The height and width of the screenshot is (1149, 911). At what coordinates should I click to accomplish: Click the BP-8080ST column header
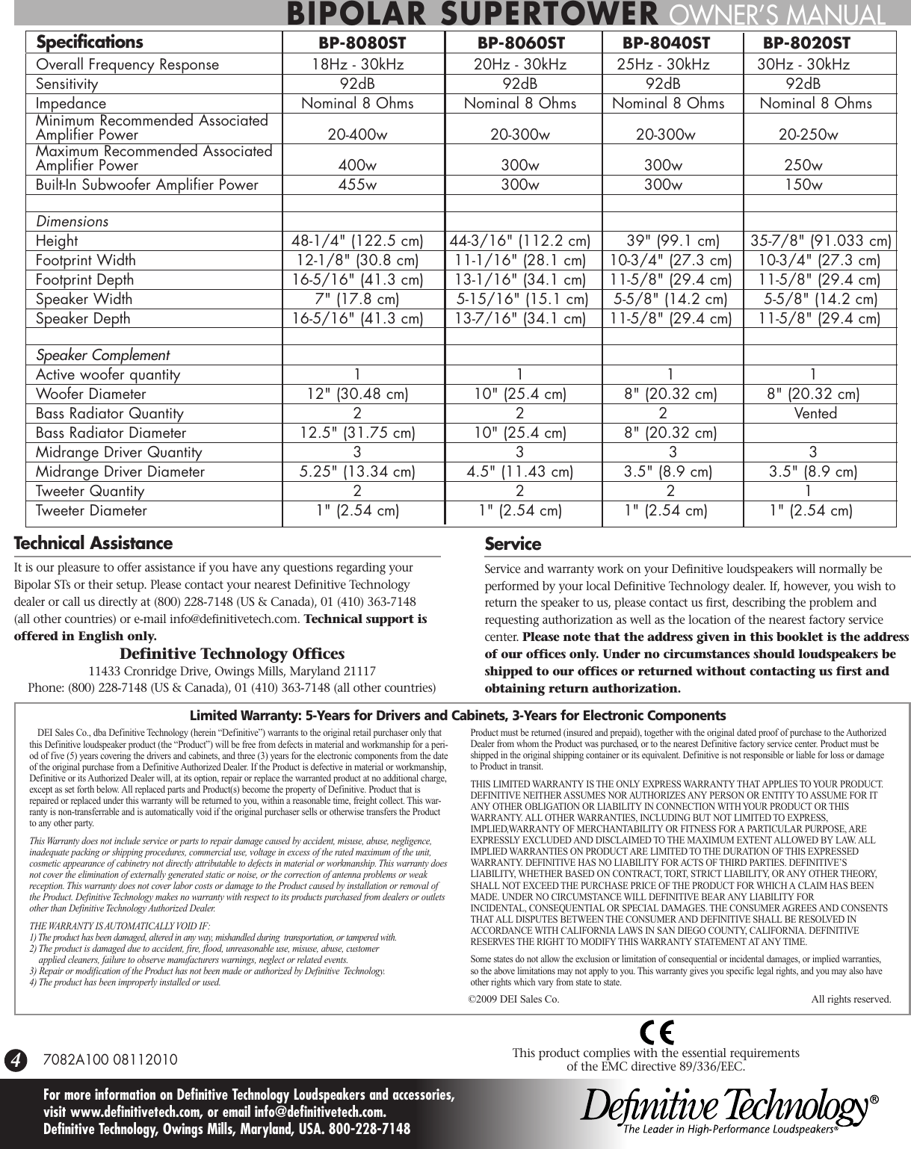pos(362,43)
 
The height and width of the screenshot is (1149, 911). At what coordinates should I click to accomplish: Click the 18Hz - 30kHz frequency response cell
pos(357,65)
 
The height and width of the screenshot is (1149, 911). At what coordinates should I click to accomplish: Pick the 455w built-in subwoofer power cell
pos(357,185)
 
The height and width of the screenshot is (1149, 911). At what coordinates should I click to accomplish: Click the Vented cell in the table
pos(815,413)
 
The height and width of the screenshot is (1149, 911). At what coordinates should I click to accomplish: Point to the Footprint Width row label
pos(86,260)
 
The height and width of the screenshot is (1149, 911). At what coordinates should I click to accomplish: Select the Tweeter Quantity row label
pos(90,491)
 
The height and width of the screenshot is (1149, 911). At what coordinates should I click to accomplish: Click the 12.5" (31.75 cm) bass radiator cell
pos(357,433)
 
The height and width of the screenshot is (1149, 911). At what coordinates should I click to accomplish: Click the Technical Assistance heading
pos(93,543)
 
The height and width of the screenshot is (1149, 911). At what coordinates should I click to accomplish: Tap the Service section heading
pos(513,544)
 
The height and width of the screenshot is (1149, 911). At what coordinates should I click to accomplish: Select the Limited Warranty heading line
pos(457,716)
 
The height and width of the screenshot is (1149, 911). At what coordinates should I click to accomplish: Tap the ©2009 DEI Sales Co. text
pos(513,999)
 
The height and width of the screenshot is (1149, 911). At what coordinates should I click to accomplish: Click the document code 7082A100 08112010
pos(111,1059)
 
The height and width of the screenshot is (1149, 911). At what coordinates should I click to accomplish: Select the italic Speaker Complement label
pos(102,355)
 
